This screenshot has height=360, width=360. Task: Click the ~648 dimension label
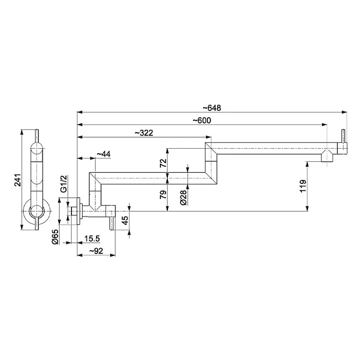(x=212, y=108)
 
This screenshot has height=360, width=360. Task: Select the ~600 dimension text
(x=202, y=120)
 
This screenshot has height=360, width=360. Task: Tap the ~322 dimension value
(x=144, y=132)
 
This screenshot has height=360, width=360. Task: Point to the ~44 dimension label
(x=104, y=154)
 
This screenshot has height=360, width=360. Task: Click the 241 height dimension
(x=18, y=180)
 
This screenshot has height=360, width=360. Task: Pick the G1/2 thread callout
(x=63, y=184)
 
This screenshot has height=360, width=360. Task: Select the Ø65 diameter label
(x=55, y=237)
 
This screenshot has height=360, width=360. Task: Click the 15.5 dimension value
(x=92, y=239)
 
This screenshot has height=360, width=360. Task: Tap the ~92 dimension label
(x=96, y=251)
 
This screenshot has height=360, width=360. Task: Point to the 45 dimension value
(x=125, y=221)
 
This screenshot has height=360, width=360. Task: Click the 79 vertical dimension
(x=163, y=195)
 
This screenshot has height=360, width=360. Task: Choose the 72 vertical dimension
(x=163, y=163)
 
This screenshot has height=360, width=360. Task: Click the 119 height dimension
(x=303, y=186)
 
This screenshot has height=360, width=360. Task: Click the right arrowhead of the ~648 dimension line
(x=344, y=112)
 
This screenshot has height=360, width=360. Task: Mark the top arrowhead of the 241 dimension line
(x=22, y=132)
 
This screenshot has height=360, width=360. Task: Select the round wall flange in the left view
(x=36, y=211)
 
